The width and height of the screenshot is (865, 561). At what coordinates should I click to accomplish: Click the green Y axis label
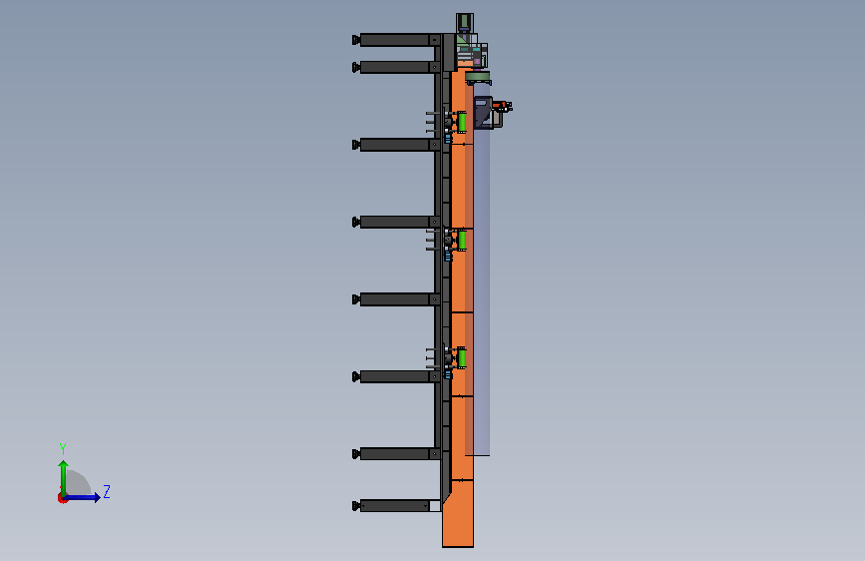63,448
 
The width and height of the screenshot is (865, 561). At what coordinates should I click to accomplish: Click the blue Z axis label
107,491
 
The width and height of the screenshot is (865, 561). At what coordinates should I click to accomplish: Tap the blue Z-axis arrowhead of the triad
97,497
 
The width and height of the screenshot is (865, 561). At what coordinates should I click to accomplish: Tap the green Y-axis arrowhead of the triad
64,464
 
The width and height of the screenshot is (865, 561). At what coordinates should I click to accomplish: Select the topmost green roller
462,122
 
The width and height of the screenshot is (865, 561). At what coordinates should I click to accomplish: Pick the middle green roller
462,241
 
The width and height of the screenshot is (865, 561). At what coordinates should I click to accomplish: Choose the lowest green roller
462,358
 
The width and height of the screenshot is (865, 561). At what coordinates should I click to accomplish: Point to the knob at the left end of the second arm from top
356,67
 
